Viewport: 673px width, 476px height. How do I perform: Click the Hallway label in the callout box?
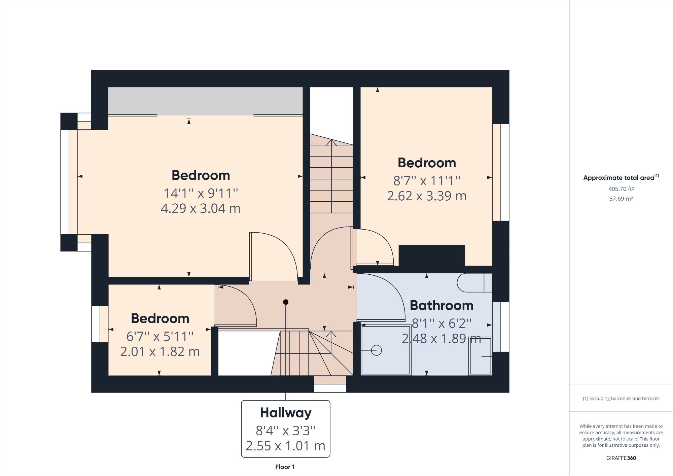286,413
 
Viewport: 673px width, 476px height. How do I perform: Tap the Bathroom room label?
441,306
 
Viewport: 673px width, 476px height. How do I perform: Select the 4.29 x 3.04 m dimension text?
201,208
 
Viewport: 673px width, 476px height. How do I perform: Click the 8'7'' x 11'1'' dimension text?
427,181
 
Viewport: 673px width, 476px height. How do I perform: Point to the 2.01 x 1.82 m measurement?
160,352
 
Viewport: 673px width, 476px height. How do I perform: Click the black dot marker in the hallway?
286,302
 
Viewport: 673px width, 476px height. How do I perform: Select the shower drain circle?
376,350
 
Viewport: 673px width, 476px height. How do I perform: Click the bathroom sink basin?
480,356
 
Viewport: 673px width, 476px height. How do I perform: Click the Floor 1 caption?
285,467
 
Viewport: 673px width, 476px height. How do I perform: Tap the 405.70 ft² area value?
621,189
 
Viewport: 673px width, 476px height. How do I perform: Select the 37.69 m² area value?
621,199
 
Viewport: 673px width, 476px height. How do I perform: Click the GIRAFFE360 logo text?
621,458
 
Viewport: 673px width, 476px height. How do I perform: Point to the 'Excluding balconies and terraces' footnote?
621,398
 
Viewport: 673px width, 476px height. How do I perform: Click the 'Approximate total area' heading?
621,177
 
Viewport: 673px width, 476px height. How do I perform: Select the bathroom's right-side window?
501,327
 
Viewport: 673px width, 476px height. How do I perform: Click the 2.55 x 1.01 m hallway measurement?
286,446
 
